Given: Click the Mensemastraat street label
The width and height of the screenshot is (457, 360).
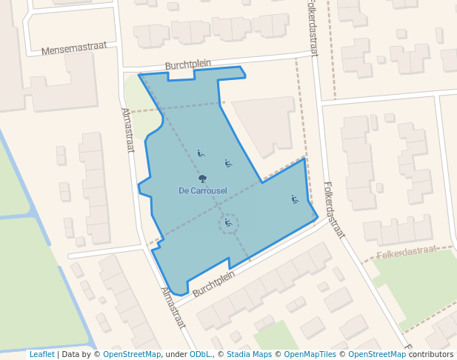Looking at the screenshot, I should tap(73, 48).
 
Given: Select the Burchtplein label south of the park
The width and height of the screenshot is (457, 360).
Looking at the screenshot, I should tap(213, 284).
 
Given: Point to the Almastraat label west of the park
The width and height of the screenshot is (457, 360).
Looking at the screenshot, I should tap(127, 130).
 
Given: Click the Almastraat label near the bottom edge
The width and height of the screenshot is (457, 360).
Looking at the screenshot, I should tap(173, 307).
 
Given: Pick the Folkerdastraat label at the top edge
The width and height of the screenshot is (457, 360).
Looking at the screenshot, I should tap(312, 28).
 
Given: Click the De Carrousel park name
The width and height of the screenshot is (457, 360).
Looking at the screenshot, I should tap(203, 190).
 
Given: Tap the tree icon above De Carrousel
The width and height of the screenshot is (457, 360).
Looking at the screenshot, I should tap(202, 179).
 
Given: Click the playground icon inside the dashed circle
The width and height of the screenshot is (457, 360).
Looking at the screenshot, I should tap(228, 222).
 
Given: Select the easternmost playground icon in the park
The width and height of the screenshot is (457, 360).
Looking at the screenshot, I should tap(295, 199).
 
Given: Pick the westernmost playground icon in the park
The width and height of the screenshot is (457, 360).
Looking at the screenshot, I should tap(201, 154).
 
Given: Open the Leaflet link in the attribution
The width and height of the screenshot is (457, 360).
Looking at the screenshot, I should tap(41, 355).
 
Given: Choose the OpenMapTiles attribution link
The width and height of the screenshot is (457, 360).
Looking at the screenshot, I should tap(307, 355).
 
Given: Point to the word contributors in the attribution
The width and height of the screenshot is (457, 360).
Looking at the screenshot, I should tap(431, 355).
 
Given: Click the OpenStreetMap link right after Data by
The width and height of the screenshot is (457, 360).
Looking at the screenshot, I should tap(132, 355).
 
